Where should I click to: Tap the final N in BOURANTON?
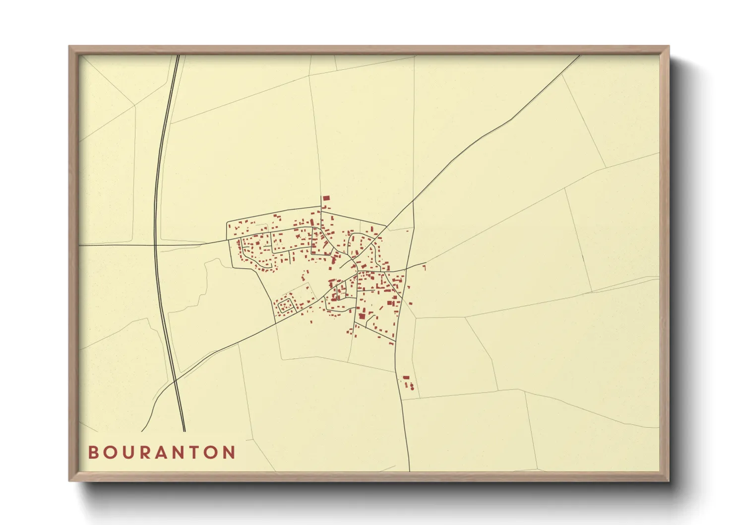229,453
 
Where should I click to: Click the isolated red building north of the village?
326,198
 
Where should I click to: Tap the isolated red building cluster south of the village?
408,383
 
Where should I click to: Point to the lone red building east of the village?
424,267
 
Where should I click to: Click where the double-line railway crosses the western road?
155,245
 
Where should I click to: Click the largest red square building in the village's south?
362,316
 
